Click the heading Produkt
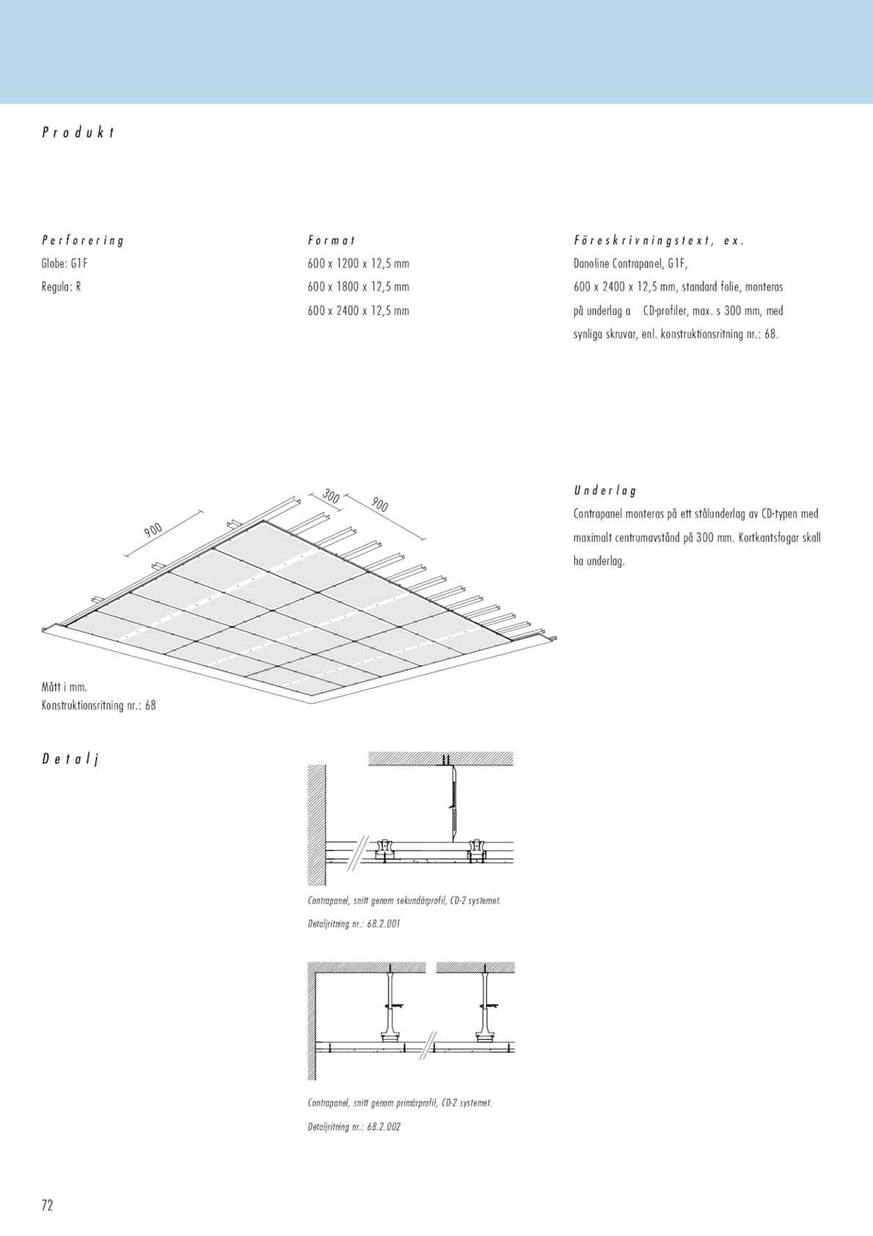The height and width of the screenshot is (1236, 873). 78,133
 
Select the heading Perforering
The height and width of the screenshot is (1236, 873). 83,240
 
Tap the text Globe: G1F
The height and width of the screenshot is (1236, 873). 65,263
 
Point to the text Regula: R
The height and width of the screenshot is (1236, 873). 61,287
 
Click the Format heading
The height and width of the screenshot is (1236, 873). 332,240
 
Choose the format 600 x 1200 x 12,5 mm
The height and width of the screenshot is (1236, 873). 358,263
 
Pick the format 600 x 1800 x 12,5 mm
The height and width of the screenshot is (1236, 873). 358,287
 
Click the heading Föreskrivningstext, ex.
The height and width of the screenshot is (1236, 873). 659,240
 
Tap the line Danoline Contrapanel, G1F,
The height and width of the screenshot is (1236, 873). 630,263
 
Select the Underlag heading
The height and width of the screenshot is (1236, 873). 605,490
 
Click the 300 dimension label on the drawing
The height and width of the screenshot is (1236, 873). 331,497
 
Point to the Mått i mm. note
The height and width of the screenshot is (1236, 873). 65,688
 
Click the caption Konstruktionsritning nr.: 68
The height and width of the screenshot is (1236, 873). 98,706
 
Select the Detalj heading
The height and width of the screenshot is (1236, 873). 70,759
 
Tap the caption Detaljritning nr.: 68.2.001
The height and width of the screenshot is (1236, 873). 354,924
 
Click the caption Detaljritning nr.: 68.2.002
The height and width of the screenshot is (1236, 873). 354,1127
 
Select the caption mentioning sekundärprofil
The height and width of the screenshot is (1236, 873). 404,901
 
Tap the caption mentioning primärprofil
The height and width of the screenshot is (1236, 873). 400,1103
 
